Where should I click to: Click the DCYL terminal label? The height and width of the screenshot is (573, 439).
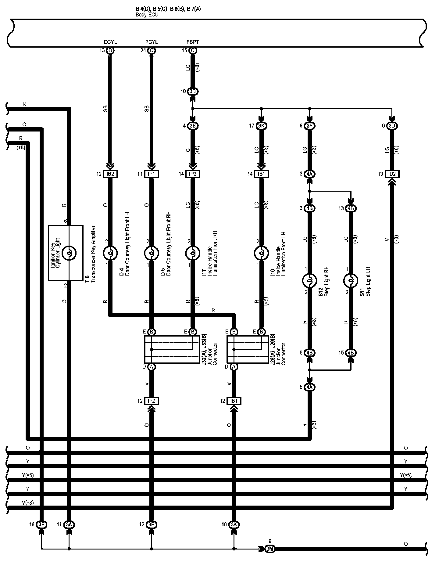[x=110, y=42]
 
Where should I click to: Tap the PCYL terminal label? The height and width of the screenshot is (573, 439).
[x=152, y=42]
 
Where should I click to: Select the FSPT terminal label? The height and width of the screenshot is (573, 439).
[x=193, y=42]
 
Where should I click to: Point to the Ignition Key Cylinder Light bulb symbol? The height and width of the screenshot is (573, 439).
[x=69, y=253]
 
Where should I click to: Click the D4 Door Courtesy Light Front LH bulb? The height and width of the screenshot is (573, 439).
[x=110, y=253]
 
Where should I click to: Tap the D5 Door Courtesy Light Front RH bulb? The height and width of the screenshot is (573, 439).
[x=152, y=253]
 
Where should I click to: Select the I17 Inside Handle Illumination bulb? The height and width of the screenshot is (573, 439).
[x=193, y=253]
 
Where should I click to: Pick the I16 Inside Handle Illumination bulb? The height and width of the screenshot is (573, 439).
[x=261, y=253]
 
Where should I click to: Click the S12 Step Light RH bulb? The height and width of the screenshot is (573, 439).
[x=309, y=280]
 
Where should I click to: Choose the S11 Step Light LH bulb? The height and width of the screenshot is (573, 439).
[x=351, y=280]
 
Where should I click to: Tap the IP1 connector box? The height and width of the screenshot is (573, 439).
[x=152, y=174]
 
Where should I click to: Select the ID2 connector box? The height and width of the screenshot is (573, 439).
[x=392, y=174]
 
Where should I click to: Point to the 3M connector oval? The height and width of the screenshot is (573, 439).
[x=270, y=549]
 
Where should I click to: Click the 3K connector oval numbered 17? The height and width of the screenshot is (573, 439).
[x=261, y=126]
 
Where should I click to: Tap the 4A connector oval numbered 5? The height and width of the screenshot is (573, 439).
[x=309, y=387]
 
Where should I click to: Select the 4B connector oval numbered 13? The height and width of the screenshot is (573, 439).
[x=351, y=208]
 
